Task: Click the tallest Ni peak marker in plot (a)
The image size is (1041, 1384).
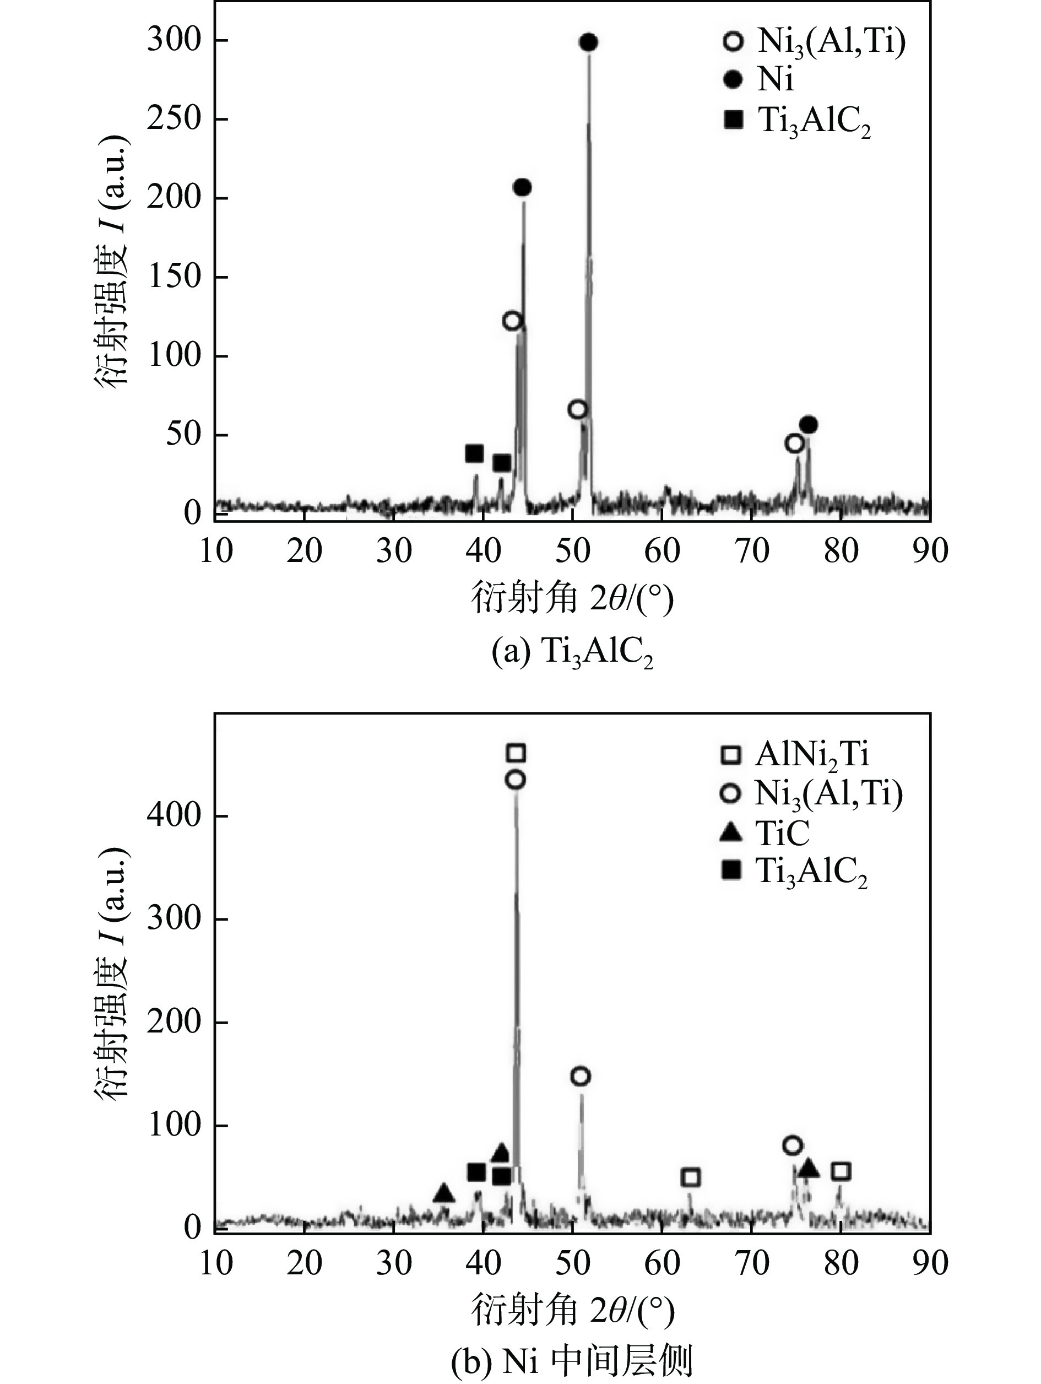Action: tap(588, 42)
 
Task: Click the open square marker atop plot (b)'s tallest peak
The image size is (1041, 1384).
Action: tap(516, 753)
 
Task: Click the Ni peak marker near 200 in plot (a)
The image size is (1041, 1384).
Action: tap(522, 187)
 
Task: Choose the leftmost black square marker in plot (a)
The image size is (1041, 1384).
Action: tap(475, 453)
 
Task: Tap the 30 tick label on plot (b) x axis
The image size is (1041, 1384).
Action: tap(394, 1263)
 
